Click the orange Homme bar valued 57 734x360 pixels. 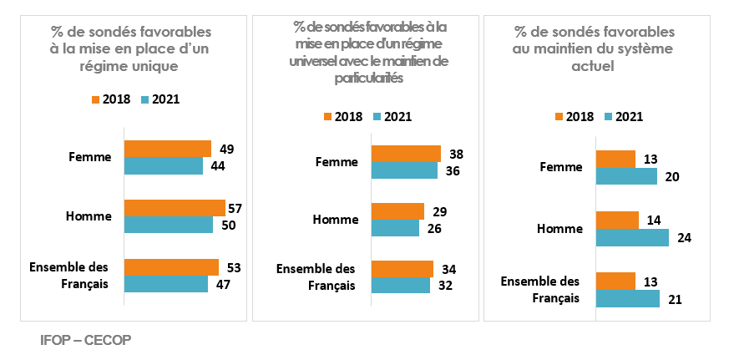point(175,208)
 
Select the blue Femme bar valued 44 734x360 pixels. point(164,165)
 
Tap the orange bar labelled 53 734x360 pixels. point(171,267)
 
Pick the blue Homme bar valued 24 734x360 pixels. point(632,237)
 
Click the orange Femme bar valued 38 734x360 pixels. point(406,154)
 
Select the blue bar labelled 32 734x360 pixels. point(401,285)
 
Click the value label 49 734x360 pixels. point(226,150)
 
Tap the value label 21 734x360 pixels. point(676,298)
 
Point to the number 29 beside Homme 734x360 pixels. point(439,211)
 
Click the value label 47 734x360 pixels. point(223,285)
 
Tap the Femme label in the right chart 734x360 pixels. point(562,167)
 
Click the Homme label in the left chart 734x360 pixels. point(89,216)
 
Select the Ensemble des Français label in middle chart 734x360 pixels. point(316,276)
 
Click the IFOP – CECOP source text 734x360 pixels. point(86,341)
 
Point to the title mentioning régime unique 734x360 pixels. point(130,49)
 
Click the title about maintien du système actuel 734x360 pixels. point(594,49)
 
